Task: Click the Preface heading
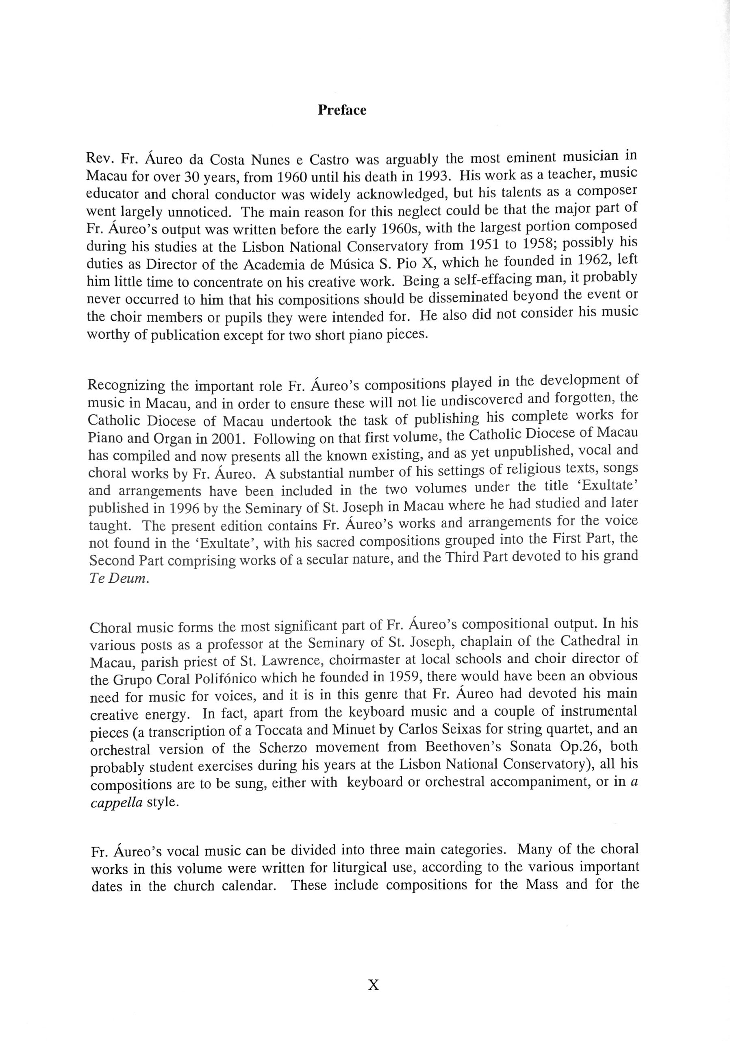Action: (x=342, y=110)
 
